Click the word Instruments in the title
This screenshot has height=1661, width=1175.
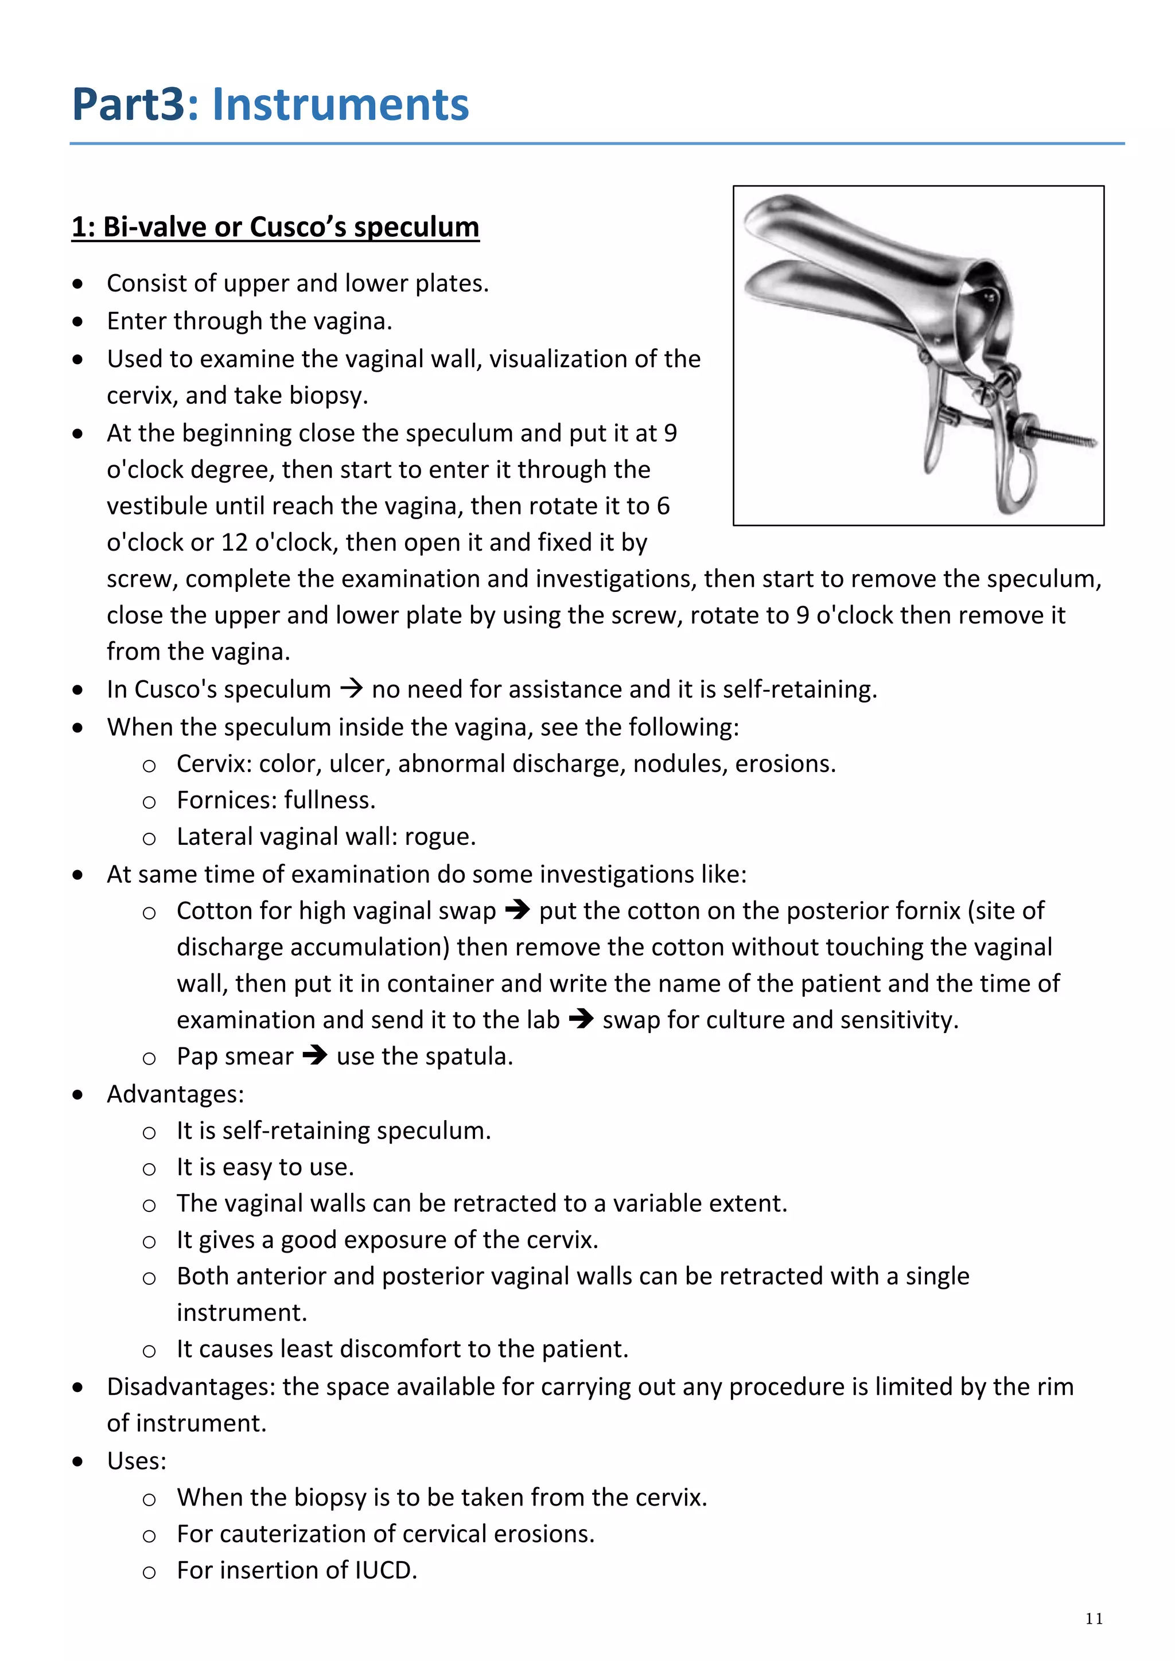[340, 104]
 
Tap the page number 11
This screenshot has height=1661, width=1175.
[1094, 1619]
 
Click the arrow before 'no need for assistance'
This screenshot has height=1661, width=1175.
[351, 688]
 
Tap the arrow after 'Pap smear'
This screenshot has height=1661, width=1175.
[315, 1055]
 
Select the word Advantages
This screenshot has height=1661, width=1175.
[175, 1094]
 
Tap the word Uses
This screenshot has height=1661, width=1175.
[136, 1461]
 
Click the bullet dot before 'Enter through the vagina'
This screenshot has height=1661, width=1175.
[78, 321]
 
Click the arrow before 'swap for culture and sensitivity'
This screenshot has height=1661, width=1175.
[581, 1019]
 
